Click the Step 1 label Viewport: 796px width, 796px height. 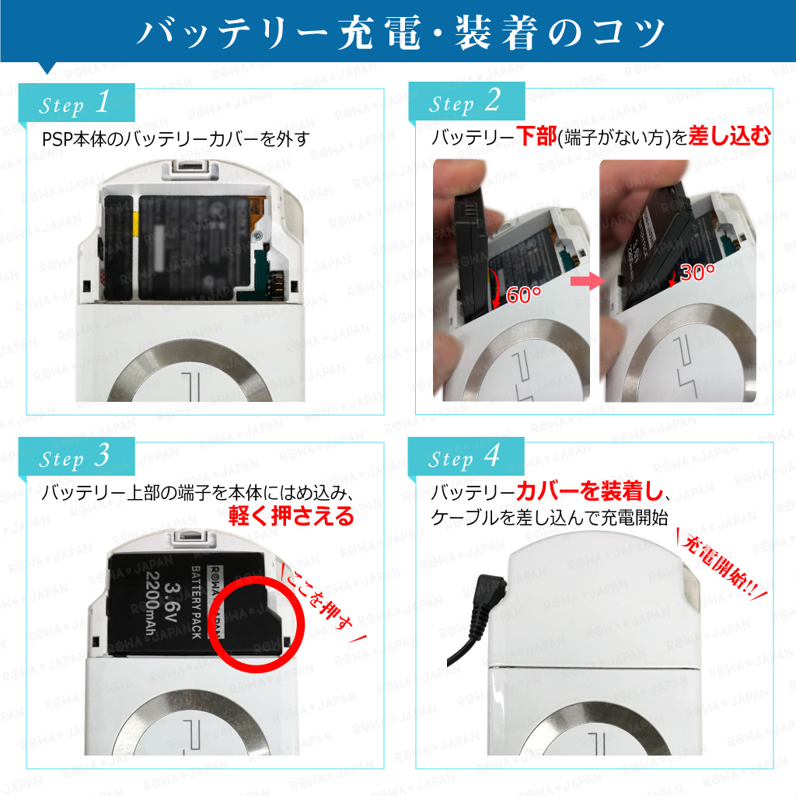(x=74, y=103)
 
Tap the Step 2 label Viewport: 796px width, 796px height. (x=465, y=102)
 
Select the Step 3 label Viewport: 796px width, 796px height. (x=74, y=457)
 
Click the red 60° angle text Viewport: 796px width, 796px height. (x=523, y=295)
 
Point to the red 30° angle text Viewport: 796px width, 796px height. (x=697, y=273)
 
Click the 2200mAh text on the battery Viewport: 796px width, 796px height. (x=152, y=602)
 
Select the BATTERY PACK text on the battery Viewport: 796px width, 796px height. (x=196, y=602)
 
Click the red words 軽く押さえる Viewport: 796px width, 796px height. (x=291, y=516)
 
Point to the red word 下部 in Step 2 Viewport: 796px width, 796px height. (x=536, y=136)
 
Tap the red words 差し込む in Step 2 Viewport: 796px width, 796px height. (x=729, y=136)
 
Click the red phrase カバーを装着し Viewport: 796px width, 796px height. (x=591, y=491)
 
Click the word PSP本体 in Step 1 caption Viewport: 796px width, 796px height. (x=72, y=138)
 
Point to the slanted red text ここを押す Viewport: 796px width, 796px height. (x=323, y=603)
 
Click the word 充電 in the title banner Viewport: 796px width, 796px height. (x=381, y=33)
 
